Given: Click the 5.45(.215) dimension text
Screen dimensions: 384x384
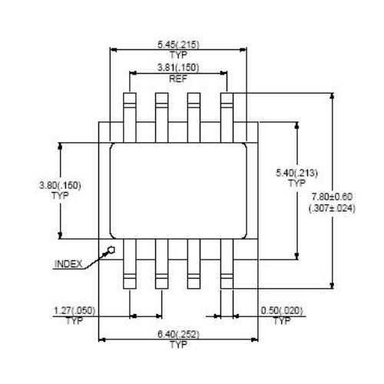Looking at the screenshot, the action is click(178, 45).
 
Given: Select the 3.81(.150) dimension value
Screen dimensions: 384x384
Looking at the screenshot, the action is click(178, 68).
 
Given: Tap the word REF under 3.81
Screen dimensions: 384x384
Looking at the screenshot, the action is click(178, 78).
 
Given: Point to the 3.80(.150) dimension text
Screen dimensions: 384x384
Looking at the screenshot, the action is click(60, 185).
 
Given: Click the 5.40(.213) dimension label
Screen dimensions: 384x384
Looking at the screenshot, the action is click(296, 173).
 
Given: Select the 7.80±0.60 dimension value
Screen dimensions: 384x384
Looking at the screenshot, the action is click(332, 197).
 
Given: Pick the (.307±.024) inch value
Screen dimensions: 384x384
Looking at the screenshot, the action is click(332, 208).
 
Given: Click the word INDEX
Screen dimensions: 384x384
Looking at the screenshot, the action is click(68, 264).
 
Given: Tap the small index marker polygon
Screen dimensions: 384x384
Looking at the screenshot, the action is click(111, 250).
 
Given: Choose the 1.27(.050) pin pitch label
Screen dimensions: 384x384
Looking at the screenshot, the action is click(74, 311).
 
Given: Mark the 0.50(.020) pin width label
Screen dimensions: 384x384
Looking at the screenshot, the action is click(282, 311).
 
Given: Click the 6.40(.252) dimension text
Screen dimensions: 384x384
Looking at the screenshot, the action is click(178, 334).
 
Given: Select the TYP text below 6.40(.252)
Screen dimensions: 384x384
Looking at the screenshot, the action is click(178, 345).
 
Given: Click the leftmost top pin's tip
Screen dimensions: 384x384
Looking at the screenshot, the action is click(130, 93).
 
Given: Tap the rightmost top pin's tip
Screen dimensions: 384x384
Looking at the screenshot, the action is click(227, 93).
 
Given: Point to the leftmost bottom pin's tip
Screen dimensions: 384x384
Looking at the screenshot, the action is click(130, 289).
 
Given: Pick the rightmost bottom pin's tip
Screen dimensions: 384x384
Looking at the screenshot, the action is click(227, 289).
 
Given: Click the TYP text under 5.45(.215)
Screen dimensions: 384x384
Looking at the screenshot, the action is click(178, 55).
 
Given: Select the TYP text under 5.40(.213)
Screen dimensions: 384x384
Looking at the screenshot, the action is click(297, 184).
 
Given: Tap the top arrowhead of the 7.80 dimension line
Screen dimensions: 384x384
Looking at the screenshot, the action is click(332, 96).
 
